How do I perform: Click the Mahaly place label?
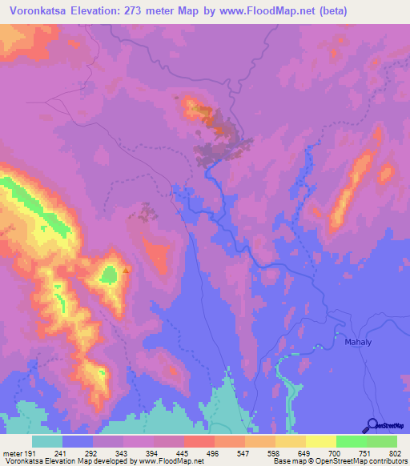tap(357, 343)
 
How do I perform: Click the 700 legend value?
tap(336, 454)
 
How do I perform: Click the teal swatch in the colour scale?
tap(47, 441)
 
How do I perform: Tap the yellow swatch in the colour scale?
tap(321, 441)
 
